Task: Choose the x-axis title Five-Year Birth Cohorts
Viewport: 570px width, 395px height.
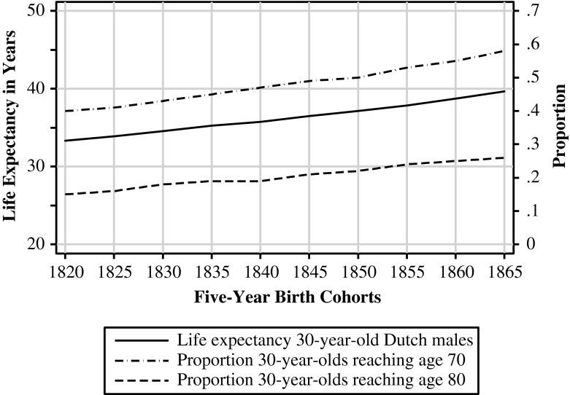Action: pos(288,297)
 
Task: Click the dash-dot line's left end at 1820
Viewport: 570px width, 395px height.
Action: pos(65,111)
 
